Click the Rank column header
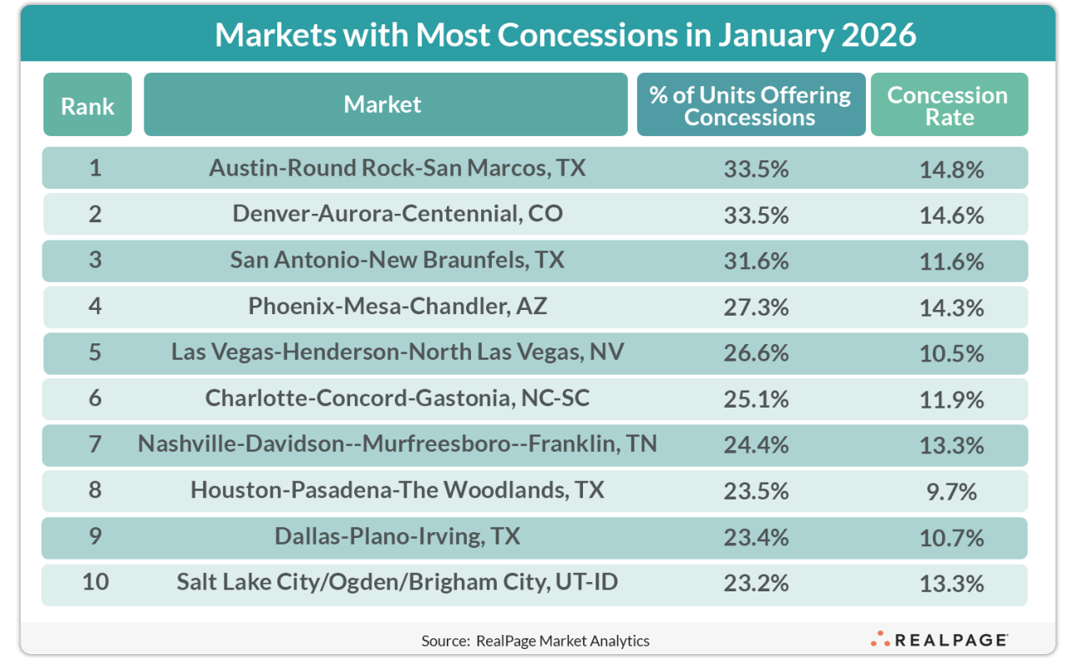click(88, 104)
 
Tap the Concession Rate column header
click(949, 105)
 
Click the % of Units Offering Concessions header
click(750, 105)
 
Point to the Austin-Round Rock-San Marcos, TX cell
click(397, 169)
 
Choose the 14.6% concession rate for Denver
click(951, 215)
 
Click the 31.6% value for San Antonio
click(757, 261)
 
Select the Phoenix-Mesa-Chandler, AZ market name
click(398, 307)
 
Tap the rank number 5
click(95, 352)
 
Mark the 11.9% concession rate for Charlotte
click(951, 398)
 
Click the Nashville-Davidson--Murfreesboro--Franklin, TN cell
click(397, 444)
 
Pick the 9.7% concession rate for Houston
click(951, 490)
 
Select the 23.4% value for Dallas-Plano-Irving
click(757, 536)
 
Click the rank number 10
click(95, 581)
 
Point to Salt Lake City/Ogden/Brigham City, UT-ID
click(397, 581)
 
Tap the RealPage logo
click(940, 640)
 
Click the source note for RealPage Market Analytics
click(535, 641)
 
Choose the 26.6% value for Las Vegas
click(757, 352)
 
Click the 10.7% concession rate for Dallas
click(951, 536)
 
